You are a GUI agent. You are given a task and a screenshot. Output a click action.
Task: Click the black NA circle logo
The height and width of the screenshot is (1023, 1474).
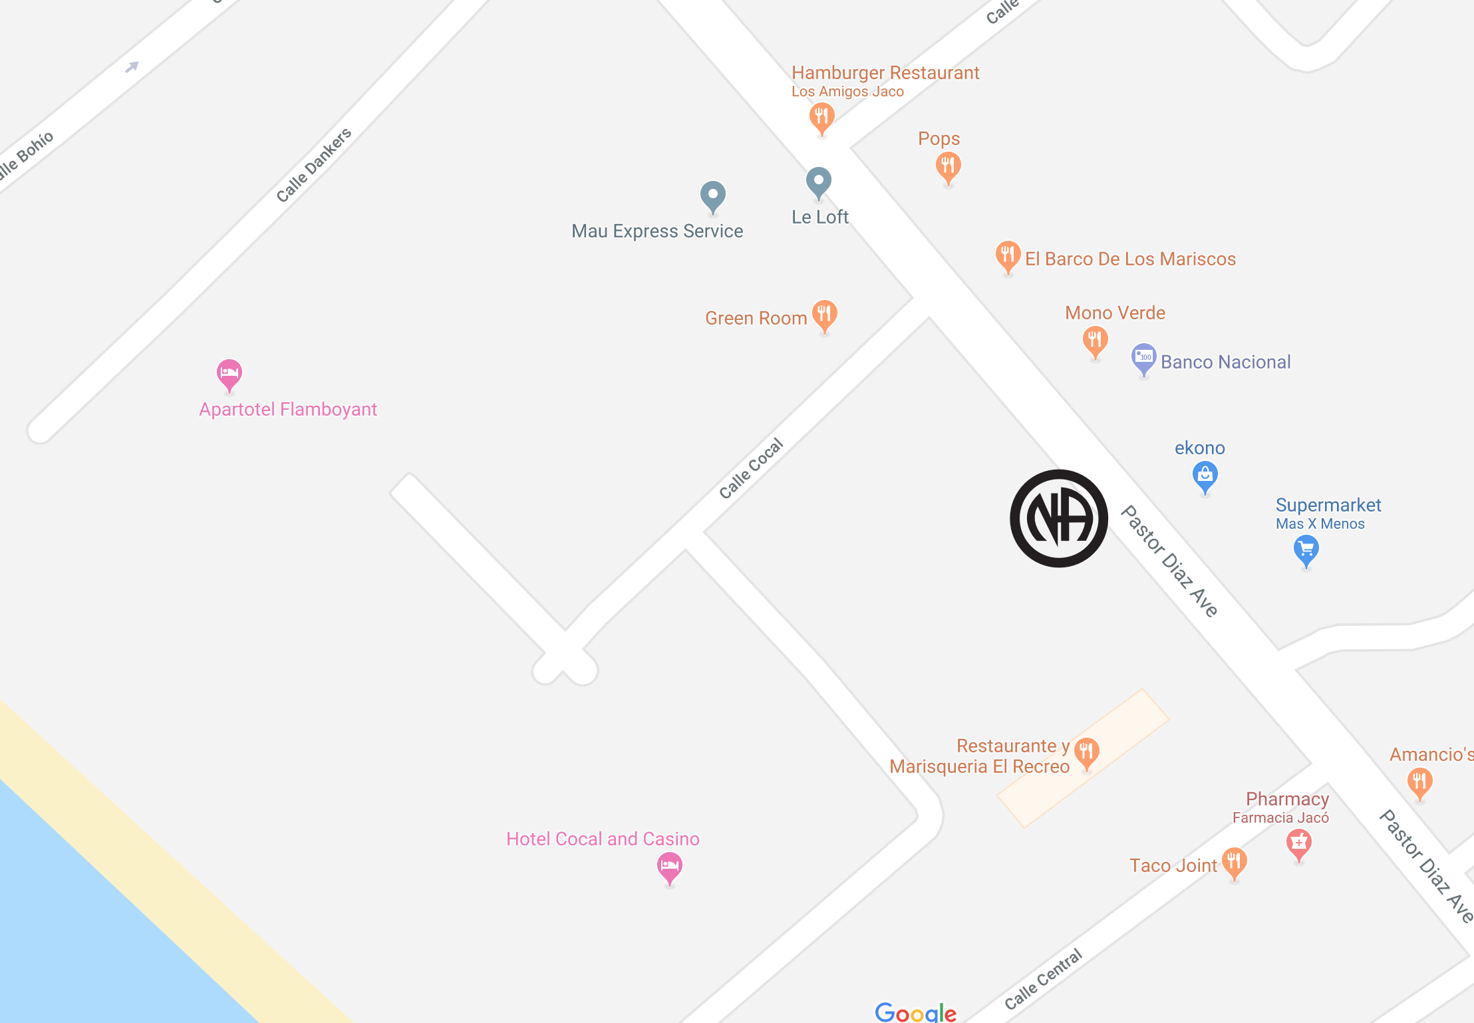(x=1059, y=518)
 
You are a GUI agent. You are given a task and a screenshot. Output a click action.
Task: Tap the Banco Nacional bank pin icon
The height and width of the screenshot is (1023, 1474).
(x=1143, y=358)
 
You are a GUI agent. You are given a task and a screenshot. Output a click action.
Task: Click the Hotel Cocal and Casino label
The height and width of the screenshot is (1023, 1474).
(x=603, y=839)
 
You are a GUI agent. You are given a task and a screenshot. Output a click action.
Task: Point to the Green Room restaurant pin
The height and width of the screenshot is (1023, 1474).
(x=824, y=315)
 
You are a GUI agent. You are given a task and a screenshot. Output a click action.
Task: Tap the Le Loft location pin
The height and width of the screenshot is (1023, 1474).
(x=818, y=182)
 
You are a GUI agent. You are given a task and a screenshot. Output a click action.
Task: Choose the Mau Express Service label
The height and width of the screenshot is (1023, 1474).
(x=657, y=231)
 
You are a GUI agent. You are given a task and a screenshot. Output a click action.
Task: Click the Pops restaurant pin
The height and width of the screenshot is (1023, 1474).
(x=948, y=166)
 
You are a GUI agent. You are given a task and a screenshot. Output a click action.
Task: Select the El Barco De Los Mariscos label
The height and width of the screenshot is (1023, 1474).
(x=1130, y=259)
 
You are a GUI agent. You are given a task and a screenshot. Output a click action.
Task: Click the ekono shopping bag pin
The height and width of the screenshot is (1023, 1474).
(x=1205, y=476)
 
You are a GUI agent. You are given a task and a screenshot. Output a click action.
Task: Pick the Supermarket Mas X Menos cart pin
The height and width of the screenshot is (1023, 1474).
(x=1306, y=550)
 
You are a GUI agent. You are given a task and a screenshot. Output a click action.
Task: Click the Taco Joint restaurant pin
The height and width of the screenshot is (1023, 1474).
(x=1234, y=862)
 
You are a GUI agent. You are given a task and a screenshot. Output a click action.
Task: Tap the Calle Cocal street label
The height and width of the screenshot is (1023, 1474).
(x=751, y=468)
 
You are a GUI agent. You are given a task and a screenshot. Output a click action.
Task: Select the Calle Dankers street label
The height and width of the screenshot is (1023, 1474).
(x=313, y=165)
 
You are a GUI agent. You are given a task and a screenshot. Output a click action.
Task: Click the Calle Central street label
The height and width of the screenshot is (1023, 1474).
(x=1043, y=979)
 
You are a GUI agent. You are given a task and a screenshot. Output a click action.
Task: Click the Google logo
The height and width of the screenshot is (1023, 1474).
(x=915, y=1012)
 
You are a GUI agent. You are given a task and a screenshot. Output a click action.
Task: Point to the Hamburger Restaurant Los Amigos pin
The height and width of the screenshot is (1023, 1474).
(x=822, y=118)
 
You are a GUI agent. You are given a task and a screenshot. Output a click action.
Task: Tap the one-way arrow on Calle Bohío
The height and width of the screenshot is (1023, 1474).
(x=132, y=67)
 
